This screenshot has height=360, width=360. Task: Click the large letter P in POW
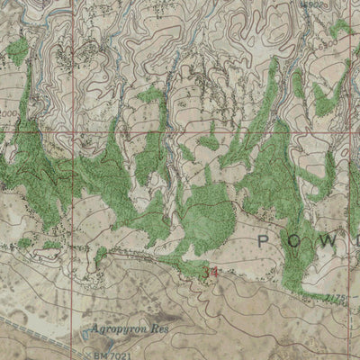pyautogui.click(x=264, y=241)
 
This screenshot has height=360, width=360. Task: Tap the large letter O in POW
pyautogui.click(x=303, y=241)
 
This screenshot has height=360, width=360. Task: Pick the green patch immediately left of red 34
pyautogui.click(x=192, y=267)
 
